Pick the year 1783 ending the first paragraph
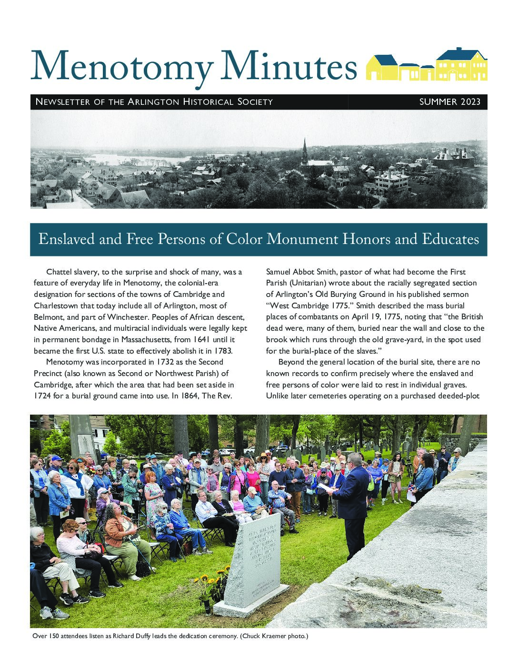(222, 350)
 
